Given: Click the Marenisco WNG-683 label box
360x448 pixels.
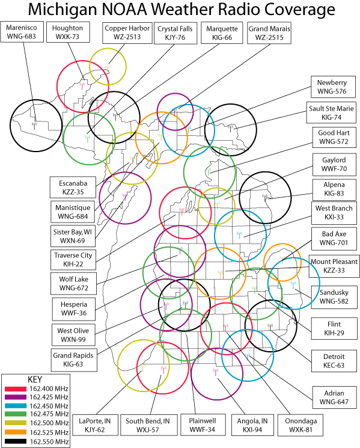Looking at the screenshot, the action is click(x=22, y=32).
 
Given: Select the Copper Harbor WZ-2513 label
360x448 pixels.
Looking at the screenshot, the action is click(x=127, y=33).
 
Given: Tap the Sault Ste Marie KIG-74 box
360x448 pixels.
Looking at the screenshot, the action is click(x=331, y=112).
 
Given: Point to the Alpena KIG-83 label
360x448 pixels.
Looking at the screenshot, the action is click(x=334, y=189).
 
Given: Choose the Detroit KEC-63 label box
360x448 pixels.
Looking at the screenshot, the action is click(x=334, y=361).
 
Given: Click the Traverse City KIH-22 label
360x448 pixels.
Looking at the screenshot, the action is click(x=73, y=260).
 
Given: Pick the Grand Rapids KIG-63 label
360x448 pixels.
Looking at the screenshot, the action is click(x=74, y=360).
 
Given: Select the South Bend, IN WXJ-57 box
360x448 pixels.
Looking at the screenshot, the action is click(x=148, y=425).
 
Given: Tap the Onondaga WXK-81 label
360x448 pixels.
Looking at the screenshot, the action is click(x=301, y=425).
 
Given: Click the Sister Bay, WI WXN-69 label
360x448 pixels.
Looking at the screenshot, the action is click(x=73, y=236).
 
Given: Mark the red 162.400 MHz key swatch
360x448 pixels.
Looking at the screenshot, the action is click(x=16, y=389).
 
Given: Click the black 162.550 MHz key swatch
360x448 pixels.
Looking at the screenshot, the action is click(x=16, y=441).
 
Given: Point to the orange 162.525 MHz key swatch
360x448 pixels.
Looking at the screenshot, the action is click(x=16, y=432).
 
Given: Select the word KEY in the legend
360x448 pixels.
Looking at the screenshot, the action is click(x=35, y=379).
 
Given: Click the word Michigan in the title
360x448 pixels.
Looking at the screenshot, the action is click(x=63, y=10).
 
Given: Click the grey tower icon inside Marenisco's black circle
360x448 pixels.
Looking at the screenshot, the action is click(x=34, y=126).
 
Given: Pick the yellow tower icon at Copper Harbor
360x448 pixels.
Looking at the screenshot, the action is click(x=108, y=69).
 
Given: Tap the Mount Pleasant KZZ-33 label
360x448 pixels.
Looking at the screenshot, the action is click(x=334, y=266).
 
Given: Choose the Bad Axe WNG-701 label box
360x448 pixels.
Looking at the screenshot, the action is click(x=334, y=238).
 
